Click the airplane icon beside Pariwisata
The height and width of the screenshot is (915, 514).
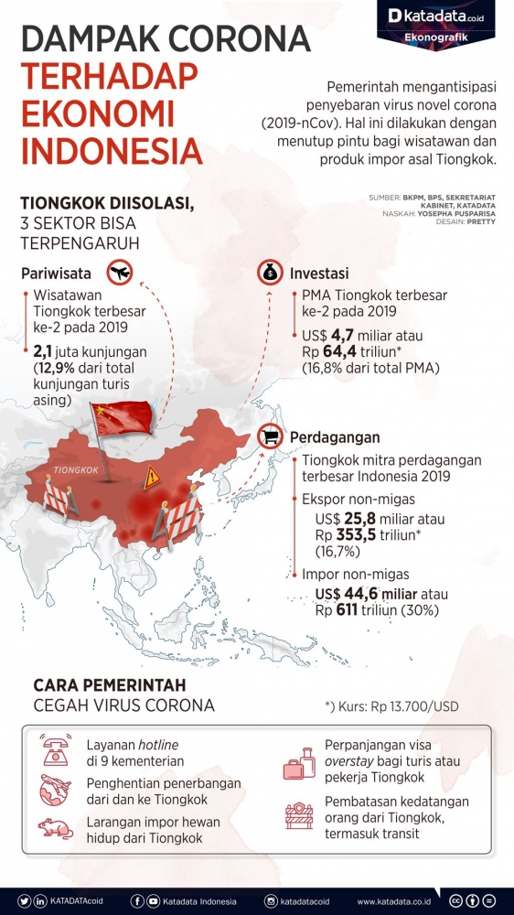(x=119, y=272)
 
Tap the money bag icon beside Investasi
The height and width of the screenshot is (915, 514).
(x=271, y=272)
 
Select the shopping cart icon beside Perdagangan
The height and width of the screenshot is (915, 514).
(x=272, y=436)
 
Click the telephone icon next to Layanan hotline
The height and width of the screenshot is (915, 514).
(x=56, y=751)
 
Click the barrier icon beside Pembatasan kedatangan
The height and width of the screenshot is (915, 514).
(x=298, y=815)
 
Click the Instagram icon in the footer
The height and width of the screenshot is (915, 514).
(x=271, y=900)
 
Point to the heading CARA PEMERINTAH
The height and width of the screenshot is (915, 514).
(x=110, y=684)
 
